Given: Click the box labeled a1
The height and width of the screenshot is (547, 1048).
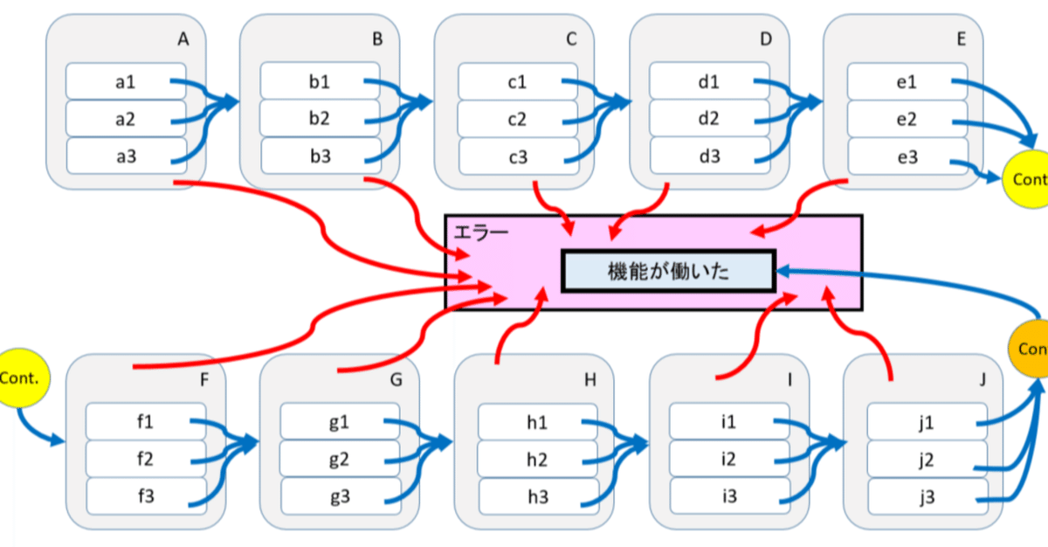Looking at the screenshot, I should pyautogui.click(x=125, y=83).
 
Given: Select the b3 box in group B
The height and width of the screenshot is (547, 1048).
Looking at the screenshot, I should pyautogui.click(x=320, y=157).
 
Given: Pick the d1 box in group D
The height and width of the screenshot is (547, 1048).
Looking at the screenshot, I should pyautogui.click(x=709, y=83).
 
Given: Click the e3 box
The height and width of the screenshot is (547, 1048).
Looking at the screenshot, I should pyautogui.click(x=906, y=157).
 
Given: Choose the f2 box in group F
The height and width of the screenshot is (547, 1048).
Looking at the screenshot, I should pyautogui.click(x=145, y=460).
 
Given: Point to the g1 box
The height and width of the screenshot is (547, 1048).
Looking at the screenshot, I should pyautogui.click(x=340, y=423).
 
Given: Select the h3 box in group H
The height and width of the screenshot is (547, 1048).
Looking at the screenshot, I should pyautogui.click(x=537, y=496).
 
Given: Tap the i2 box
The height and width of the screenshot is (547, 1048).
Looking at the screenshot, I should pyautogui.click(x=728, y=460).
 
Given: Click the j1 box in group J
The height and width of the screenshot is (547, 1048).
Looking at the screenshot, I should pyautogui.click(x=927, y=423).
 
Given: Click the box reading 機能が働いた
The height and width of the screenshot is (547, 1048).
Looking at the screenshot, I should pyautogui.click(x=668, y=271).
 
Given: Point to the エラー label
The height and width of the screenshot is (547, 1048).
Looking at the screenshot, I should pyautogui.click(x=480, y=232).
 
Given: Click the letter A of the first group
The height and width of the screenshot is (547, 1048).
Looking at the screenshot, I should pyautogui.click(x=183, y=38).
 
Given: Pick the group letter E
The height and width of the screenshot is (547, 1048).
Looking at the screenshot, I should pyautogui.click(x=962, y=38).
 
